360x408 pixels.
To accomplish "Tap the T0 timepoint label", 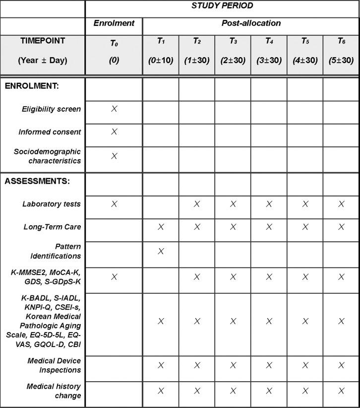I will pyautogui.click(x=114, y=43).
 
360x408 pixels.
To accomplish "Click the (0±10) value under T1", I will pyautogui.click(x=161, y=61).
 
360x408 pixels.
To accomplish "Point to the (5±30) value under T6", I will pyautogui.click(x=341, y=61).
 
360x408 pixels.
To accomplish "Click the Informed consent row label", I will pyautogui.click(x=50, y=132).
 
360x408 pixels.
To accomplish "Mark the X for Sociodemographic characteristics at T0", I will pyautogui.click(x=114, y=156).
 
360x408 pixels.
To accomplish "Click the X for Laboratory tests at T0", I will pyautogui.click(x=114, y=204).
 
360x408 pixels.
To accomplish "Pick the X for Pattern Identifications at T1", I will pyautogui.click(x=161, y=251).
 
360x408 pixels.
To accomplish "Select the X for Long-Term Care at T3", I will pyautogui.click(x=233, y=227).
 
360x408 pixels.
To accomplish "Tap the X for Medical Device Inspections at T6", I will pyautogui.click(x=341, y=365).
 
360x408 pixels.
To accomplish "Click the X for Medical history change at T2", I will pyautogui.click(x=197, y=391).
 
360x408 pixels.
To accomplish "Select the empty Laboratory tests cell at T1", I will pyautogui.click(x=161, y=204).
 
